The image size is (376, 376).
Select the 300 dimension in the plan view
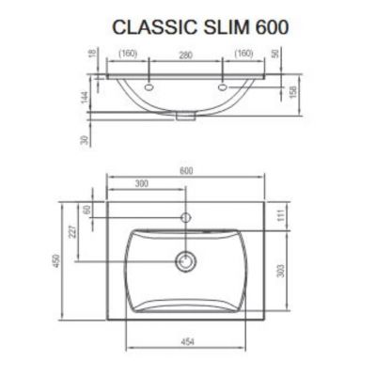141,183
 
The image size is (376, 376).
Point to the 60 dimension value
89,211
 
